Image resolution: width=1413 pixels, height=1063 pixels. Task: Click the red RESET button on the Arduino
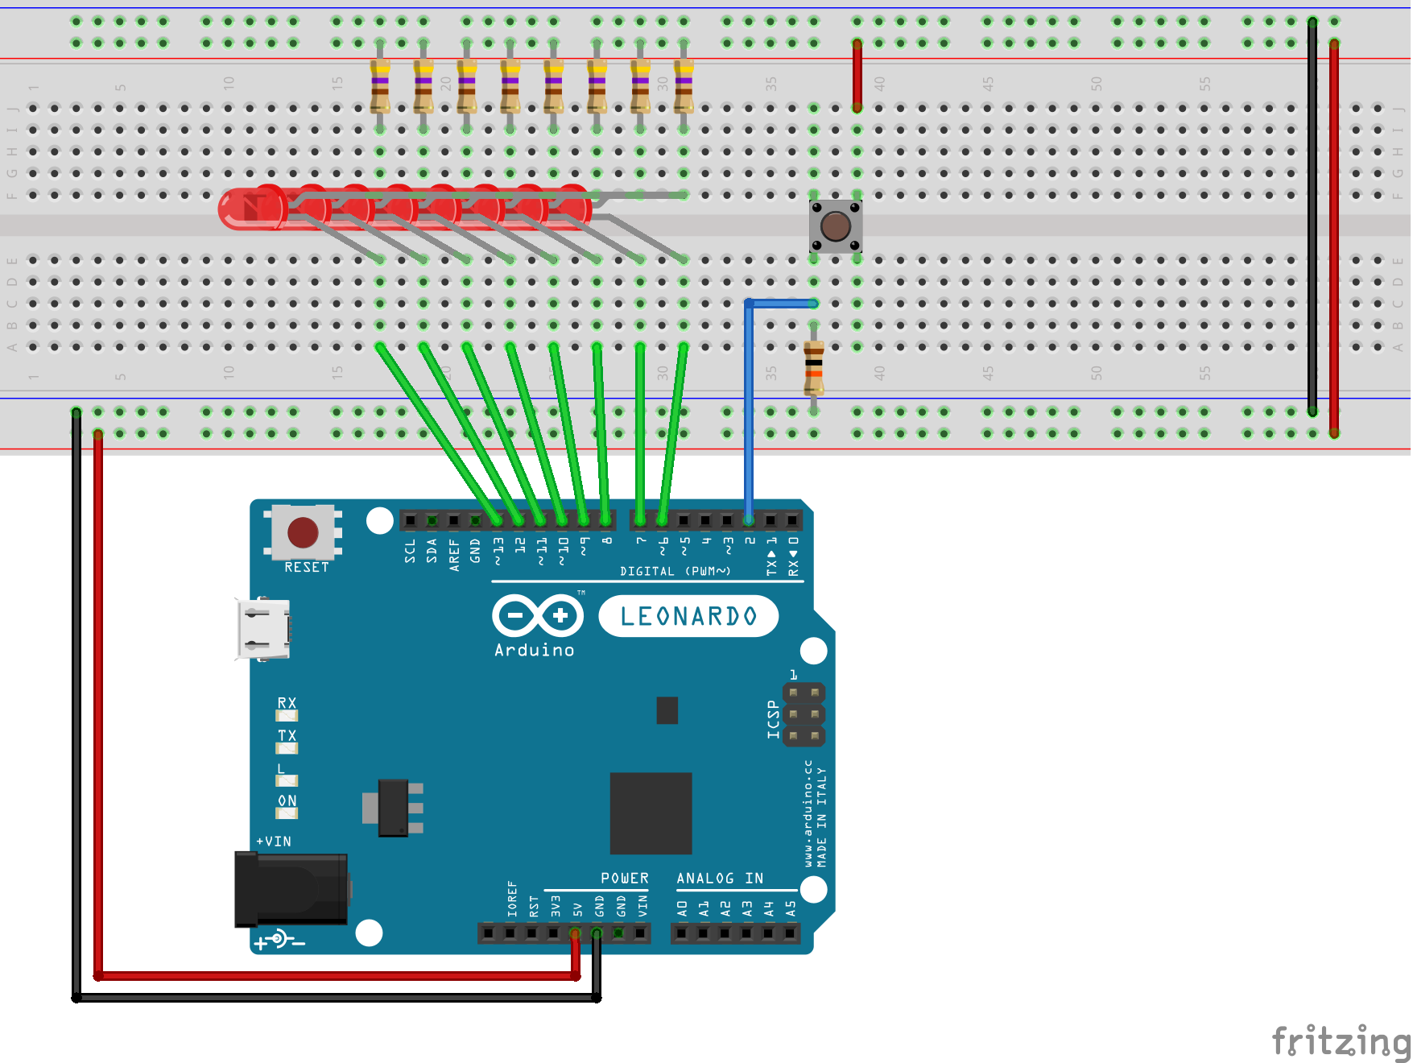click(x=303, y=532)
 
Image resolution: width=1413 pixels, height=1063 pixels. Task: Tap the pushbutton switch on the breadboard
click(x=836, y=226)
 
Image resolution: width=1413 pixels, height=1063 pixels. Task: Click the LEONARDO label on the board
click(x=688, y=617)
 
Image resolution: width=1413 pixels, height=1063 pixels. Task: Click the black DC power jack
click(x=291, y=889)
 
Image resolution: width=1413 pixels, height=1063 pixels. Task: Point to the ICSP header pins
click(x=804, y=714)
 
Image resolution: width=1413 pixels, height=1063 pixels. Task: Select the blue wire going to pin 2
click(x=749, y=403)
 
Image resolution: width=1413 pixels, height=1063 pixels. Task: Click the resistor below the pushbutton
click(x=814, y=367)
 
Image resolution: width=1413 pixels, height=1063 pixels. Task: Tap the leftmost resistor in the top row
click(x=380, y=86)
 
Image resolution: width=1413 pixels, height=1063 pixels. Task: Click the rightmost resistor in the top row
click(x=684, y=86)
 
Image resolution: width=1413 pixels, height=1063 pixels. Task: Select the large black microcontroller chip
click(x=651, y=813)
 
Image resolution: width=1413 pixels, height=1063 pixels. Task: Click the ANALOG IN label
click(x=720, y=879)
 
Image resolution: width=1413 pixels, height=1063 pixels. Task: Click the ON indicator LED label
click(x=287, y=800)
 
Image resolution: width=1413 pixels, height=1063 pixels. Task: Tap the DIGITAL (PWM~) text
click(x=675, y=571)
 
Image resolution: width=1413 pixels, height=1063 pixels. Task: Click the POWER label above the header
click(x=624, y=879)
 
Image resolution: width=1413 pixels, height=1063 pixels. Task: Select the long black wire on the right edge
click(x=1312, y=217)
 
